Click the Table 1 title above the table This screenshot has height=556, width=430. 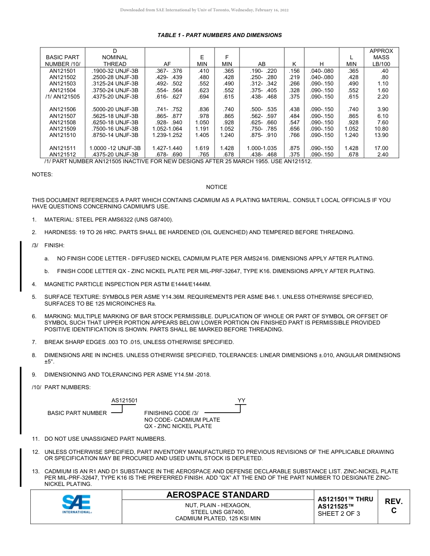(220, 35)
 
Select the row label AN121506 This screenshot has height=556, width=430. (62, 109)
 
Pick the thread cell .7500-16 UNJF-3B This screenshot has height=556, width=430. (115, 129)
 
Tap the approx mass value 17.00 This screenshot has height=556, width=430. (381, 148)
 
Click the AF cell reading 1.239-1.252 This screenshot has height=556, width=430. (167, 135)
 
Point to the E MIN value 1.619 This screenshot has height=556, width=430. (202, 148)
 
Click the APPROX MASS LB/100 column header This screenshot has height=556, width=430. (381, 57)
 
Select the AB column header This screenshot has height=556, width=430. (262, 64)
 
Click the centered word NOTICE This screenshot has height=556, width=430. (216, 187)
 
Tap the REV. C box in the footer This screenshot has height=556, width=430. (393, 506)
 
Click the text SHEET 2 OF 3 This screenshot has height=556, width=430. (339, 514)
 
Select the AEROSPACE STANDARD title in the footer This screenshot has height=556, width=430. (218, 495)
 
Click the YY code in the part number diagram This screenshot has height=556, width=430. (241, 401)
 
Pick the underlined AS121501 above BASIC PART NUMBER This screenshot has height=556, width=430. (124, 401)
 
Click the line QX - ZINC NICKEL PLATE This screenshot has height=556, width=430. (178, 426)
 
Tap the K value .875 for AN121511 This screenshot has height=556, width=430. (294, 148)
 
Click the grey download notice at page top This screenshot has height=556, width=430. (204, 10)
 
